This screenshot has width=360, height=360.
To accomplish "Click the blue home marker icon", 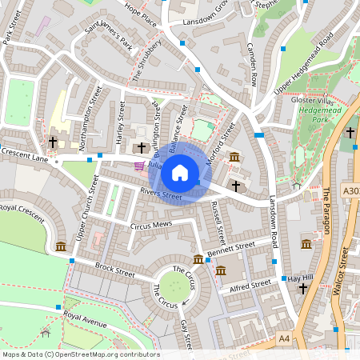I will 180,173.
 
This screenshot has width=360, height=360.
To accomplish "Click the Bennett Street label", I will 230,249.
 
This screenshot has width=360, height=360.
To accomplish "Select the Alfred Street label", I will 250,286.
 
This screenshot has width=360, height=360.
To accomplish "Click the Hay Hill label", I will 298,277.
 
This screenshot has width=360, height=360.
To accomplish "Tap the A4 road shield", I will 284,339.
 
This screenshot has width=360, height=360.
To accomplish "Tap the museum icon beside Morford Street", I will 234,157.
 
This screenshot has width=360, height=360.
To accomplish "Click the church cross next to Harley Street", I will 142,148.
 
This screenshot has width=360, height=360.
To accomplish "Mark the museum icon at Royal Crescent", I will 61,246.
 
